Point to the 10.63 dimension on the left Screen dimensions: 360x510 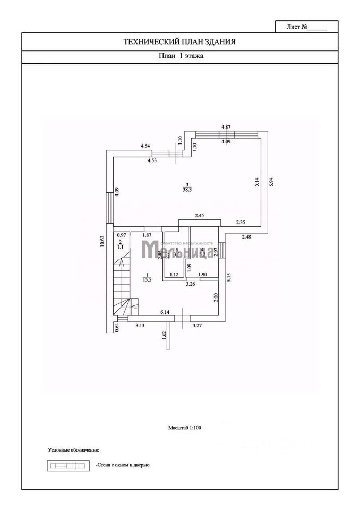pos(102,242)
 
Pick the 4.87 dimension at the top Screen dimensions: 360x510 pos(226,126)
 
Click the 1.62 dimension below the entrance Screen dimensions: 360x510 pos(165,335)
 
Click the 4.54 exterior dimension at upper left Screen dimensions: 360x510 pos(146,146)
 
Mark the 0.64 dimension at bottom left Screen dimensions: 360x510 pos(117,328)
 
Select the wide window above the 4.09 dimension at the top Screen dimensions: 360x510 pos(227,134)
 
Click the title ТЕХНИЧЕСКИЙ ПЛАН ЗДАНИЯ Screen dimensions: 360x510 pos(179,41)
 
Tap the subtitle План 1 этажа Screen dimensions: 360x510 pos(179,55)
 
